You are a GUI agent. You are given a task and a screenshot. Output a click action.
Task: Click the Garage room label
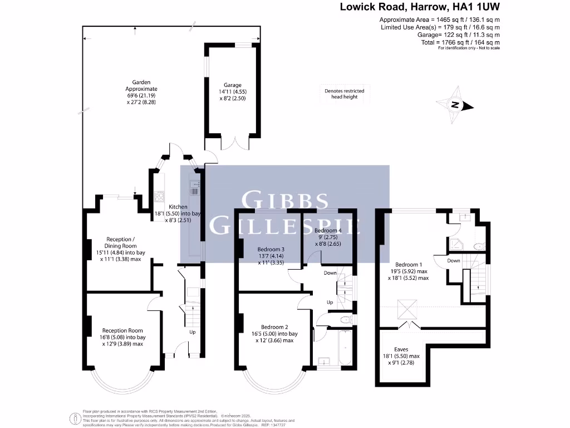[x=232, y=86]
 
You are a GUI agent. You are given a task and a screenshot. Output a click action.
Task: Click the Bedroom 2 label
[x=274, y=327]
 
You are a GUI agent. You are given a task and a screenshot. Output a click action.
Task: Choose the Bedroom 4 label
[x=328, y=231]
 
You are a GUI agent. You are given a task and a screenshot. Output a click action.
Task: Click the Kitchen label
[x=178, y=207]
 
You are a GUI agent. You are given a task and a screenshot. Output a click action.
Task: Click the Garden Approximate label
[x=141, y=85]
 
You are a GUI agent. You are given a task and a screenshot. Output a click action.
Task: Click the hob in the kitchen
[x=159, y=196]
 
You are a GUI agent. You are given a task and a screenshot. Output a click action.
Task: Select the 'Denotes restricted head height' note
[x=345, y=94]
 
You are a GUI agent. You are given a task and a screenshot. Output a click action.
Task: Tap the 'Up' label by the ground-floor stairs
[x=193, y=332]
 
